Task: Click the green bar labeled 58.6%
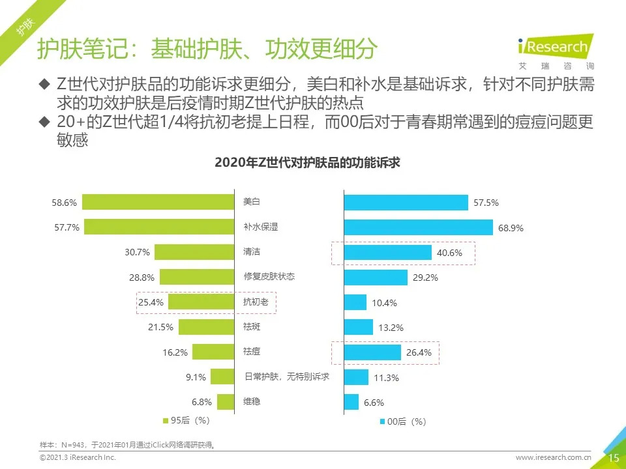(158, 203)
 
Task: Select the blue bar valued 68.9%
(418, 227)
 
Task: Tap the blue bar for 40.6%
(387, 252)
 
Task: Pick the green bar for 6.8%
(226, 402)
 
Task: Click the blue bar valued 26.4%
(372, 352)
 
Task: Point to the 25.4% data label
(151, 302)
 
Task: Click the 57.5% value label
(486, 203)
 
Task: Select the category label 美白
(251, 202)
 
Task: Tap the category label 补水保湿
(260, 227)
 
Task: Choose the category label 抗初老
(256, 302)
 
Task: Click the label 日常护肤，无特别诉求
(286, 377)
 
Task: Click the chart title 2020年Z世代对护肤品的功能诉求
(307, 163)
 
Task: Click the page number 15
(614, 458)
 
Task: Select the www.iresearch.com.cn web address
(553, 459)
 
